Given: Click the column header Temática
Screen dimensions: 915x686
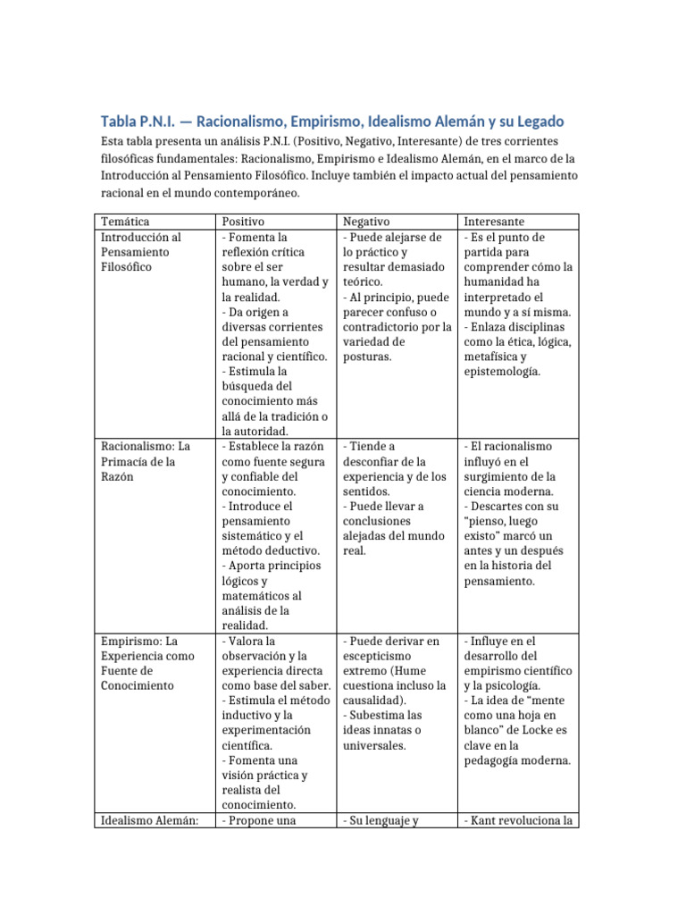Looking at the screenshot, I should coord(125,221).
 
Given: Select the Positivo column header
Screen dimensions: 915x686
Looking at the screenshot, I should coord(244,221).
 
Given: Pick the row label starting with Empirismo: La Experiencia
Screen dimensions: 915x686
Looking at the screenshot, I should coord(140,656).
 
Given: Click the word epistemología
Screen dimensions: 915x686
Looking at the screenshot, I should coord(502,371).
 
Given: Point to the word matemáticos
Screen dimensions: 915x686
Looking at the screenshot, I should coord(260,595).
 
